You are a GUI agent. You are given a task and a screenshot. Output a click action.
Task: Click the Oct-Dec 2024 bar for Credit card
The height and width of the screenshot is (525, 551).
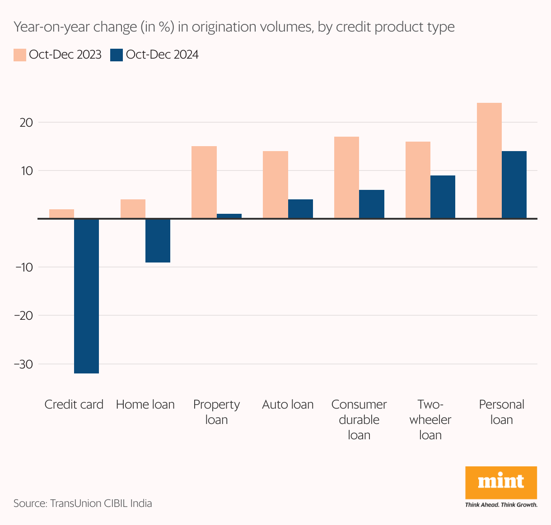pyautogui.click(x=86, y=296)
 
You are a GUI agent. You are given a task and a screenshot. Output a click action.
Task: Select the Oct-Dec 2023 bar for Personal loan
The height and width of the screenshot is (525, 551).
pyautogui.click(x=489, y=161)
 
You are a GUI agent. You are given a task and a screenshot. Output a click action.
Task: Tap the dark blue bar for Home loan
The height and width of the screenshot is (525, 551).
pyautogui.click(x=158, y=240)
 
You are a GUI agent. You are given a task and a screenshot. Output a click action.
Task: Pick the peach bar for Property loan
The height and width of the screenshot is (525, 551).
pyautogui.click(x=204, y=182)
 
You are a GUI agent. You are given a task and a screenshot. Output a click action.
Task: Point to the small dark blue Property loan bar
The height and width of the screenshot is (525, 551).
pyautogui.click(x=229, y=216)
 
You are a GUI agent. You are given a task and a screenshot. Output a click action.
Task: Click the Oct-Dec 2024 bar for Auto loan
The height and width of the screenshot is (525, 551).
pyautogui.click(x=300, y=209)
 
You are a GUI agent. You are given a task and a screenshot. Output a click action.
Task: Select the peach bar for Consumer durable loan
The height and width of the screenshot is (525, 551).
pyautogui.click(x=346, y=178)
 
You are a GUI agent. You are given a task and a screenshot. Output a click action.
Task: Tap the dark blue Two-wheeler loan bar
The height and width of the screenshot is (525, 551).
pyautogui.click(x=443, y=197)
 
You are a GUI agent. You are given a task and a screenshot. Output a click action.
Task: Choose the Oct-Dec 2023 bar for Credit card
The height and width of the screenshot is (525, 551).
pyautogui.click(x=61, y=214)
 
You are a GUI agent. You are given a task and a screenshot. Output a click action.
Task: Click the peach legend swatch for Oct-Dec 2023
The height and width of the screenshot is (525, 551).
pyautogui.click(x=19, y=55)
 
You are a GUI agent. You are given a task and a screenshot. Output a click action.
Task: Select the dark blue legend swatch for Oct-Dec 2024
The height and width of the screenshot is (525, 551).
pyautogui.click(x=117, y=55)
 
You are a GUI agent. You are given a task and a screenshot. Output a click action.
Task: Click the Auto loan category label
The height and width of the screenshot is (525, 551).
pyautogui.click(x=288, y=405)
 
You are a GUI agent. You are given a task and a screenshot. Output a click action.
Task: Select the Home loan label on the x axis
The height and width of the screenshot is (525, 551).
pyautogui.click(x=145, y=405)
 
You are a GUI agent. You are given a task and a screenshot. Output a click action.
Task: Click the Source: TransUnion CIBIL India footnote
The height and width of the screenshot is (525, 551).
pyautogui.click(x=83, y=503)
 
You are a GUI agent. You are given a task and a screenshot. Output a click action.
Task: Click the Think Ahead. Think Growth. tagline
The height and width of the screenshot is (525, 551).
pyautogui.click(x=501, y=505)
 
